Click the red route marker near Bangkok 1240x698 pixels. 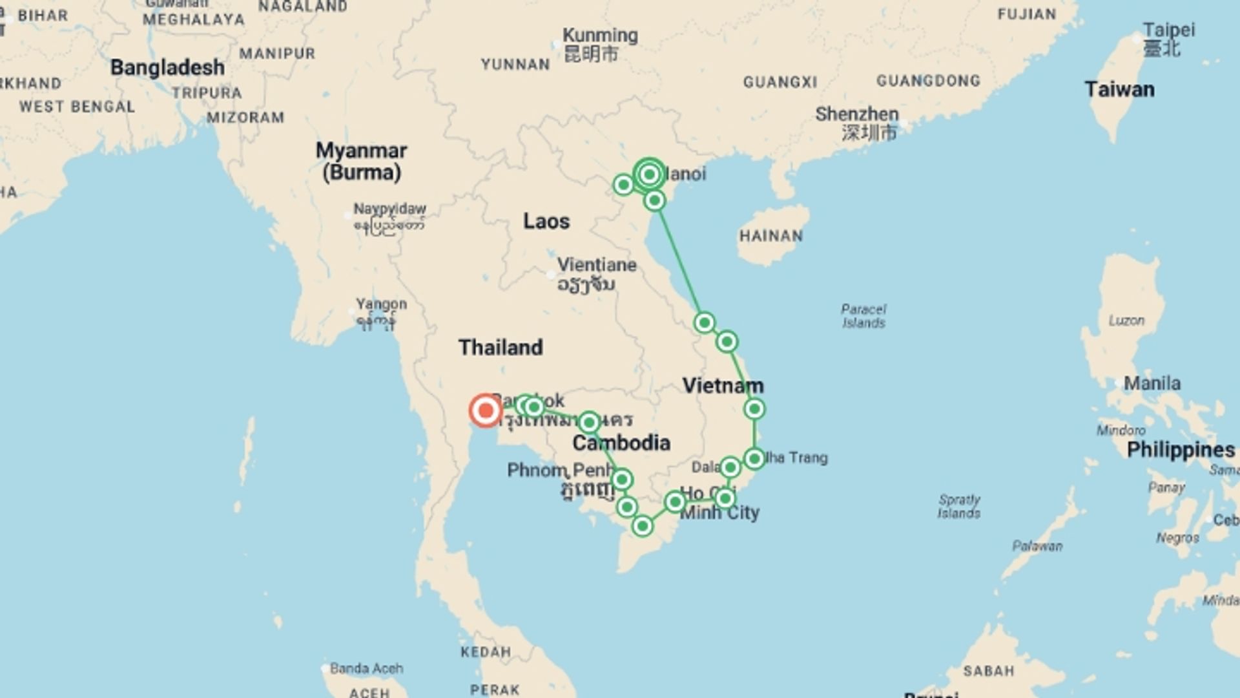click(485, 410)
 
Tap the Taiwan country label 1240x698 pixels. click(1119, 89)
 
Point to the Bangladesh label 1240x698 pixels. click(167, 67)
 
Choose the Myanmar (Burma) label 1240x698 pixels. click(361, 161)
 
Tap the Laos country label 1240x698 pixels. click(546, 221)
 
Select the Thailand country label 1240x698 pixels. click(501, 347)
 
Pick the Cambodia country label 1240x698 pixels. click(621, 443)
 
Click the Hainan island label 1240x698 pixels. click(770, 236)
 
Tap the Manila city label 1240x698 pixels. click(1152, 383)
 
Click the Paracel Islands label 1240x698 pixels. click(863, 316)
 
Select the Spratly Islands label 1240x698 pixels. click(959, 506)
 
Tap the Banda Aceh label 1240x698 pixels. click(366, 668)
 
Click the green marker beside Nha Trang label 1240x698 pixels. click(754, 459)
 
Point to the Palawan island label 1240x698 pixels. click(1037, 546)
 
